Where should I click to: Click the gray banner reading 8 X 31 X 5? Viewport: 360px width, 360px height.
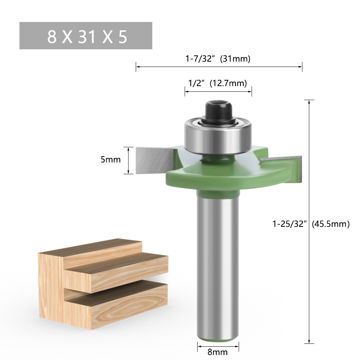(x=86, y=36)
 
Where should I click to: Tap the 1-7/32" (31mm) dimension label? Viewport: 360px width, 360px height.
(x=218, y=59)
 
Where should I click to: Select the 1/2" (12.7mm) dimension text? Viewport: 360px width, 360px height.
(x=217, y=83)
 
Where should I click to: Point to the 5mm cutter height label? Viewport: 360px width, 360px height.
(x=111, y=159)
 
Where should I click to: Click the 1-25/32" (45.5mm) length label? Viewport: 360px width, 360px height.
(x=311, y=224)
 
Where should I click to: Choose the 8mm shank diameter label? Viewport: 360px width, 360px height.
(x=218, y=352)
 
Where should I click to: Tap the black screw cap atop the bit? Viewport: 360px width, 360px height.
(x=218, y=112)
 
